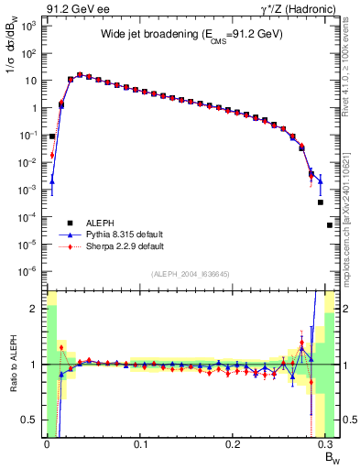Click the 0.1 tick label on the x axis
[x=140, y=446]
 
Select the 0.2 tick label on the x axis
[x=234, y=446]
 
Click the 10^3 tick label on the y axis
[x=27, y=27]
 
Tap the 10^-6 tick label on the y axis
[x=26, y=271]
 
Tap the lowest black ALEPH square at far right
[x=330, y=225]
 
